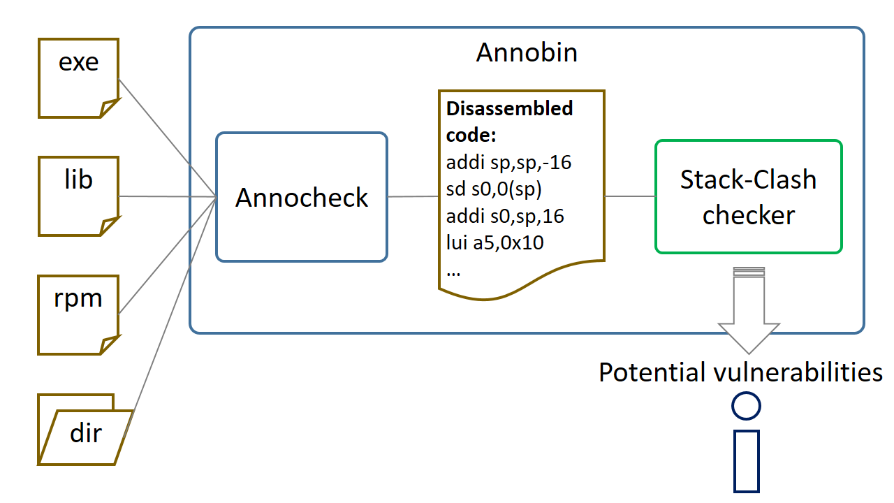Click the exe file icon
coord(79,77)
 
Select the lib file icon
coord(79,196)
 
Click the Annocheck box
coord(302,198)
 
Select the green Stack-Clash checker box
coord(748,196)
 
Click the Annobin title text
coord(527,52)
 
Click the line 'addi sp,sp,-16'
coord(508,163)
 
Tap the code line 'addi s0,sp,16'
coord(505,217)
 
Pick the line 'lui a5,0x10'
coord(495,244)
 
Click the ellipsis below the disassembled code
coord(453,271)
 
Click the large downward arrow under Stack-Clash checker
coord(749,314)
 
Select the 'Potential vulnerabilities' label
coord(740,372)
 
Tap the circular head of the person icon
coord(746,406)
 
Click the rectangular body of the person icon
coord(747,461)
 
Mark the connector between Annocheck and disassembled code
coord(413,197)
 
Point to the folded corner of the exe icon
coord(110,108)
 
